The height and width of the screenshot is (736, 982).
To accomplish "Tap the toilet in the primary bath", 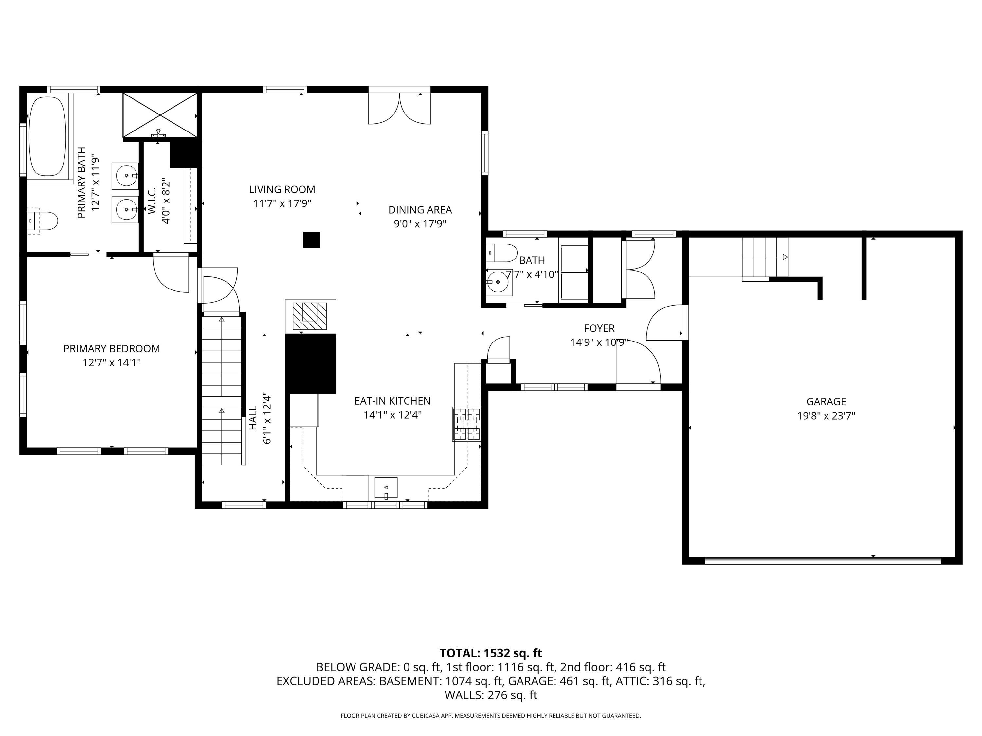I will tap(45, 220).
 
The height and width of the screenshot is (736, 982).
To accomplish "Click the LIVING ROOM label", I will tap(282, 189).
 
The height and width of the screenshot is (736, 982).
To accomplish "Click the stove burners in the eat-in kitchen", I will tap(466, 424).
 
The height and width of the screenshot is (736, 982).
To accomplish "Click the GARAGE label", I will tap(826, 401).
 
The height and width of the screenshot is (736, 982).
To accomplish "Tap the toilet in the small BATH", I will tap(502, 253).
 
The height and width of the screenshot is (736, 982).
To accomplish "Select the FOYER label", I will tap(599, 328).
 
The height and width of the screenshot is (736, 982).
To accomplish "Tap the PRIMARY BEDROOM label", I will tap(111, 349).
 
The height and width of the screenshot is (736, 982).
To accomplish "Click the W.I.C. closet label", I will tap(152, 201).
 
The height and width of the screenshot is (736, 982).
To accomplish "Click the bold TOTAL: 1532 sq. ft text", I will tap(491, 653).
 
